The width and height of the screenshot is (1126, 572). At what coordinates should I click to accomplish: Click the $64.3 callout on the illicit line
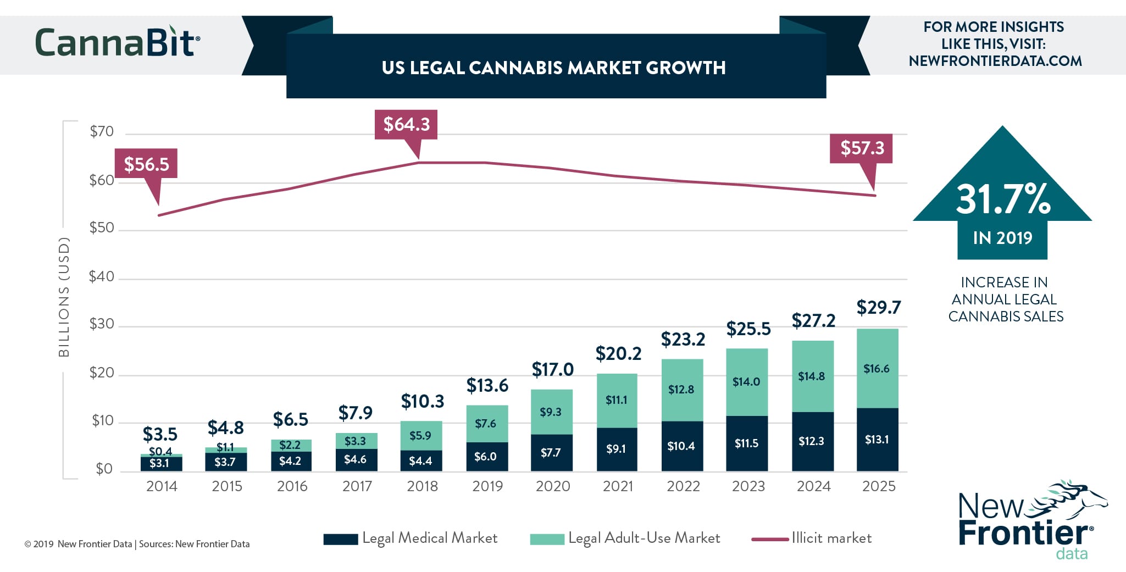[x=406, y=124]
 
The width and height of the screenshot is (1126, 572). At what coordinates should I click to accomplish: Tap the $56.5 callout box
[x=146, y=164]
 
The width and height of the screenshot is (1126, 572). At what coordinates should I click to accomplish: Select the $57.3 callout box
[x=861, y=148]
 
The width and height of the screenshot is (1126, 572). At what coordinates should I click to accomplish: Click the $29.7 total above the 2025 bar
[x=878, y=308]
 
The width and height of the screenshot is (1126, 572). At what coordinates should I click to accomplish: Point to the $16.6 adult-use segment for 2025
[x=877, y=369]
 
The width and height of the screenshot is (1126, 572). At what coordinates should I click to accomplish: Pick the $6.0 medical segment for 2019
[x=486, y=457]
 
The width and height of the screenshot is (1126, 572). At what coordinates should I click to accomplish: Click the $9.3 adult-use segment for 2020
[x=551, y=412]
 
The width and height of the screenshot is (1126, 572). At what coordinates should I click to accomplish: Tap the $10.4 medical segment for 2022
[x=681, y=446]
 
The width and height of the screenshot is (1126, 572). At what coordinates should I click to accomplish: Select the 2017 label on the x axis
[x=357, y=486]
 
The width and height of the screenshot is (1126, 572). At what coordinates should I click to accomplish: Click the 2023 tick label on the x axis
[x=748, y=486]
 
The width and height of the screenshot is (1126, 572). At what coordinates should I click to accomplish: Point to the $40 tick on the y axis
[x=102, y=276]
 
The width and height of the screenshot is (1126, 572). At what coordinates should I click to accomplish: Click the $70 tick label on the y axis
[x=102, y=131]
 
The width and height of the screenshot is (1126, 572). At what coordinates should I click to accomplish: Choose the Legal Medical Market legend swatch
[x=341, y=539]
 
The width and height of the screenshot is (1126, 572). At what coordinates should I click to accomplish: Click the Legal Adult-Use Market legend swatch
[x=547, y=539]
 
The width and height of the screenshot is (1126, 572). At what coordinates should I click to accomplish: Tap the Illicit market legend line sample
[x=770, y=539]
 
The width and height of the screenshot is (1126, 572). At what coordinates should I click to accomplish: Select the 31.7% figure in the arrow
[x=1003, y=199]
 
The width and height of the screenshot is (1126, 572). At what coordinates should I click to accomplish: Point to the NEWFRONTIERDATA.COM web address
[x=995, y=61]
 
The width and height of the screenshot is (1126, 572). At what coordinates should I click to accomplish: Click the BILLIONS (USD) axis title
[x=64, y=297]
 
